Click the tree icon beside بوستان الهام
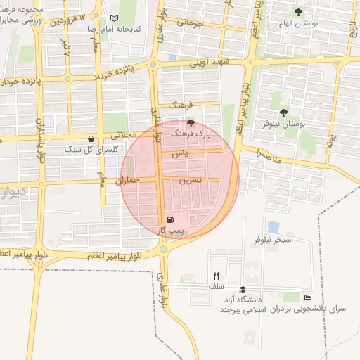(298, 11)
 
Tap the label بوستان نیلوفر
(302, 123)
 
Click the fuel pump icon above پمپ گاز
(171, 219)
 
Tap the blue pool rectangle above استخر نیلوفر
(273, 227)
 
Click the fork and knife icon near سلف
(217, 276)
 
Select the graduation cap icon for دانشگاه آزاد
(243, 289)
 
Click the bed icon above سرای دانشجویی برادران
(307, 298)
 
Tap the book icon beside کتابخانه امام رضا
(115, 18)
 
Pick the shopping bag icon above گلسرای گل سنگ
(91, 139)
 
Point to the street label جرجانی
(189, 22)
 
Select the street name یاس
(182, 153)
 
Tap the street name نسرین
(191, 180)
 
